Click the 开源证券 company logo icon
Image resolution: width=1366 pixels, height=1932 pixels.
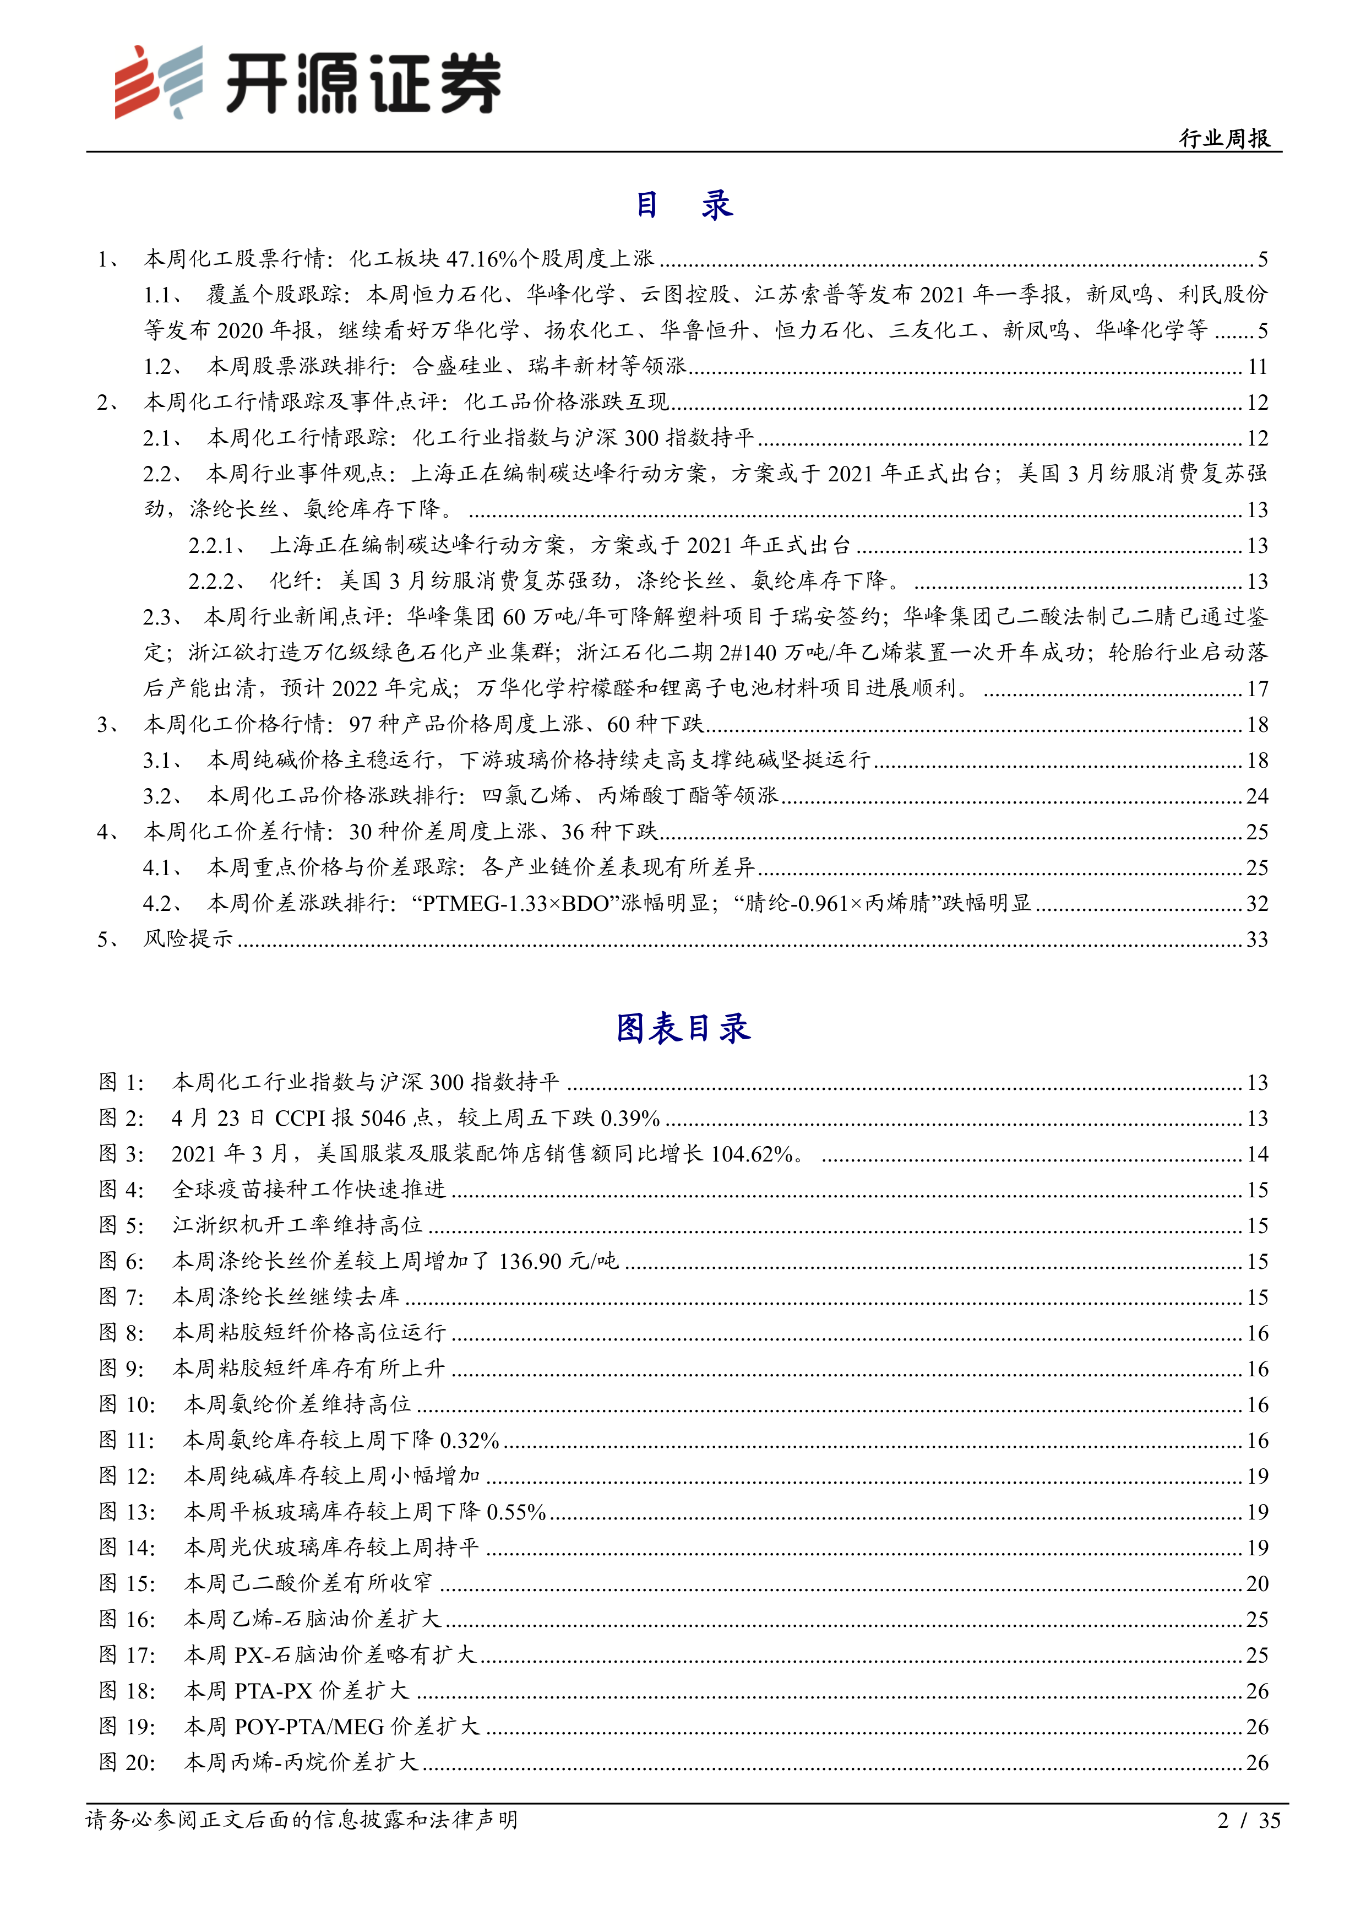pyautogui.click(x=158, y=82)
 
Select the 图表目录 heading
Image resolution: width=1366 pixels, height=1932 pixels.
pyautogui.click(x=682, y=1028)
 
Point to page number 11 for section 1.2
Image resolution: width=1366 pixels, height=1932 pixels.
pyautogui.click(x=1256, y=366)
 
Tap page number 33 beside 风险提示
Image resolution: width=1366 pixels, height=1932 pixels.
pyautogui.click(x=1256, y=939)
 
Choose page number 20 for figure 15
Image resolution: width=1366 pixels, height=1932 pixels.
pyautogui.click(x=1256, y=1583)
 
